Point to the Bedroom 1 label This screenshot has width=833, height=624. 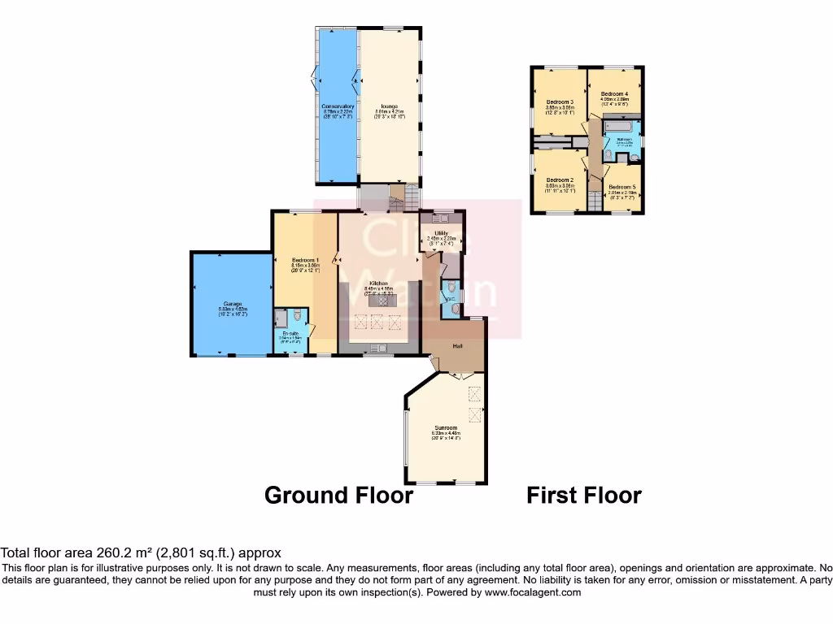click(306, 259)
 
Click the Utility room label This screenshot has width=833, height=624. click(443, 232)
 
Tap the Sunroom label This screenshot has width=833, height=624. click(446, 427)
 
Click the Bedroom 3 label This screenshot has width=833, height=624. click(560, 102)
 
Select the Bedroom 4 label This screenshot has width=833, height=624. click(614, 94)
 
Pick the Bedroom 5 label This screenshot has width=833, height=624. click(621, 187)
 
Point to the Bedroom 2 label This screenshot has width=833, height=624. click(560, 180)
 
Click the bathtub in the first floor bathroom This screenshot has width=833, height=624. click(621, 127)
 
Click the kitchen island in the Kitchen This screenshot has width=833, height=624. click(379, 301)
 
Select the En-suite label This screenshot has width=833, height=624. click(290, 333)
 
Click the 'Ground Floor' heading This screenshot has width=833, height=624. click(338, 495)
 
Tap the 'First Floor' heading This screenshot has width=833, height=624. click(583, 495)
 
